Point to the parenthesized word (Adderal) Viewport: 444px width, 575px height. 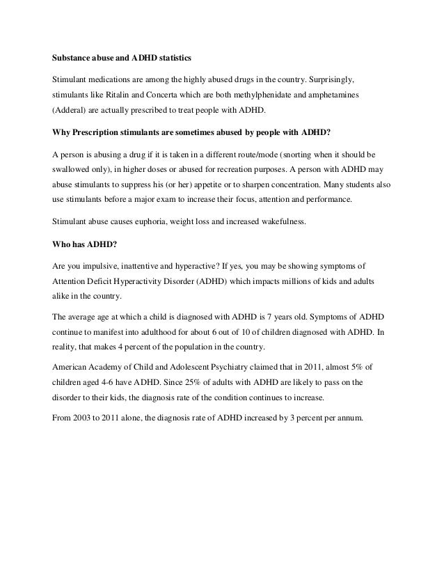coord(69,111)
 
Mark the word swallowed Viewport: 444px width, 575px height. coord(73,170)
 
